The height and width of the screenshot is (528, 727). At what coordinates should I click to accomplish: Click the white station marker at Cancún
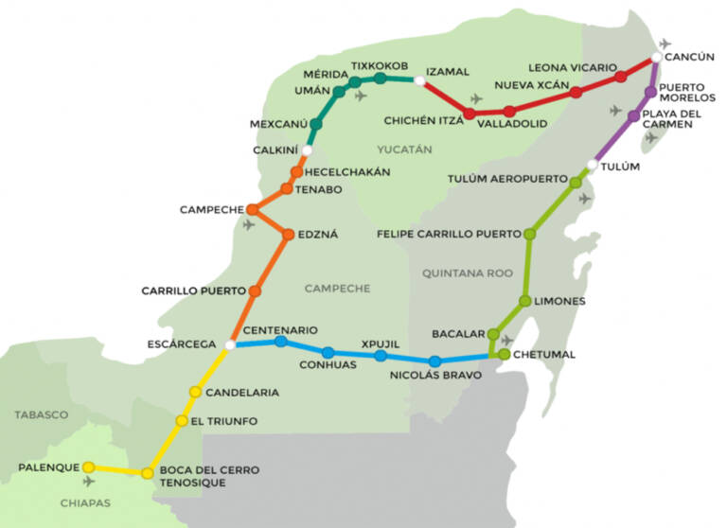pyautogui.click(x=656, y=59)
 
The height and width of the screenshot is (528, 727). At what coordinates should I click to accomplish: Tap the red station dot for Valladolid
pyautogui.click(x=509, y=112)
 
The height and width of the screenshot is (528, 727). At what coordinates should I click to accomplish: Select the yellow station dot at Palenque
pyautogui.click(x=88, y=466)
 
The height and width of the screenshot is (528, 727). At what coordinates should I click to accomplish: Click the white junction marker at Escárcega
pyautogui.click(x=229, y=345)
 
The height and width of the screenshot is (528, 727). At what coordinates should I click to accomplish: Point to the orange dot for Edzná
pyautogui.click(x=288, y=234)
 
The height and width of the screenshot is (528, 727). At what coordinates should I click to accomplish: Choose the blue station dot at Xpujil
pyautogui.click(x=381, y=356)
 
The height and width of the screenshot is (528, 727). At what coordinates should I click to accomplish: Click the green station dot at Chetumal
pyautogui.click(x=505, y=355)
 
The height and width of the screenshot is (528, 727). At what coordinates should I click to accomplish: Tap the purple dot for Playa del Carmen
pyautogui.click(x=634, y=116)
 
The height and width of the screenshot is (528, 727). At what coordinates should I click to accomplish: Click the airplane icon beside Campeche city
pyautogui.click(x=249, y=225)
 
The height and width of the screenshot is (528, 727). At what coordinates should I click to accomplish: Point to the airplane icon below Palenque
pyautogui.click(x=89, y=483)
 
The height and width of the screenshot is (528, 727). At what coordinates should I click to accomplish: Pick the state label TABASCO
pyautogui.click(x=41, y=414)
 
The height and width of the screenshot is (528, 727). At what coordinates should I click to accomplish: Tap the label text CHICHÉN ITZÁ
pyautogui.click(x=423, y=121)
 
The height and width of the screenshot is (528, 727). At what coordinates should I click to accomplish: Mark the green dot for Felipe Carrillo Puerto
pyautogui.click(x=529, y=234)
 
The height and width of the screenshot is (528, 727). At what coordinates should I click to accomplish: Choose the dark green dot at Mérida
pyautogui.click(x=339, y=92)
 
